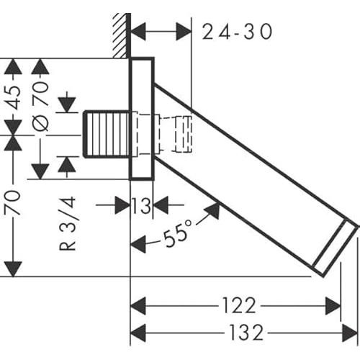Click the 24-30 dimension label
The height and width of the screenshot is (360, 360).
[x=237, y=32]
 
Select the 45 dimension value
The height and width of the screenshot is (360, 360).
[x=14, y=97]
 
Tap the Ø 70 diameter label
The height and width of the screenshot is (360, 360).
[x=40, y=106]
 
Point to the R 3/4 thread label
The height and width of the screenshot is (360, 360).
[x=67, y=224]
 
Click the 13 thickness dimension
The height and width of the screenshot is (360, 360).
[x=142, y=206]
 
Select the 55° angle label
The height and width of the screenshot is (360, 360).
[x=178, y=233]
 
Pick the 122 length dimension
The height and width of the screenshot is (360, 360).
[x=239, y=305]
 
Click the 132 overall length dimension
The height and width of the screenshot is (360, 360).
[x=246, y=333]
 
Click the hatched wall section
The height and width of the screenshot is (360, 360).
[x=120, y=35]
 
